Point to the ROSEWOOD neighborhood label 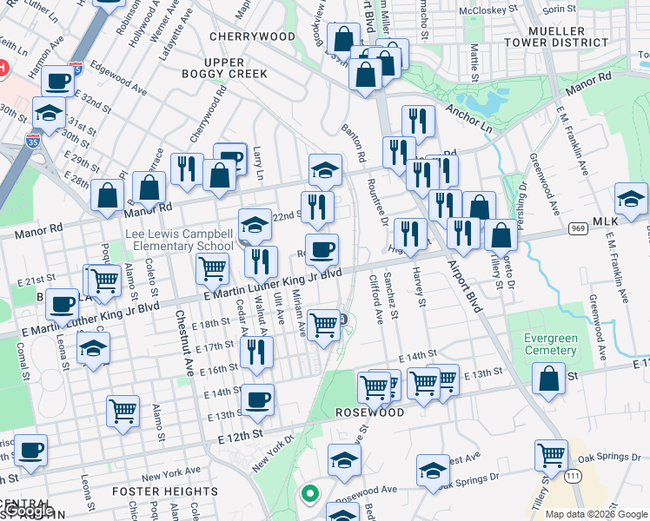(x=371, y=412)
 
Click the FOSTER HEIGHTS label (x=165, y=491)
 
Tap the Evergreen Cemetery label (x=551, y=344)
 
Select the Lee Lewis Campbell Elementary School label (x=179, y=241)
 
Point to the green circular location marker (x=308, y=495)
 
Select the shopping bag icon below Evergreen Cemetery (x=549, y=379)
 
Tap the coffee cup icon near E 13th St (x=257, y=400)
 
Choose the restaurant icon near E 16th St (x=256, y=352)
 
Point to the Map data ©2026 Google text (x=595, y=513)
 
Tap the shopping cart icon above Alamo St (x=123, y=411)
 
